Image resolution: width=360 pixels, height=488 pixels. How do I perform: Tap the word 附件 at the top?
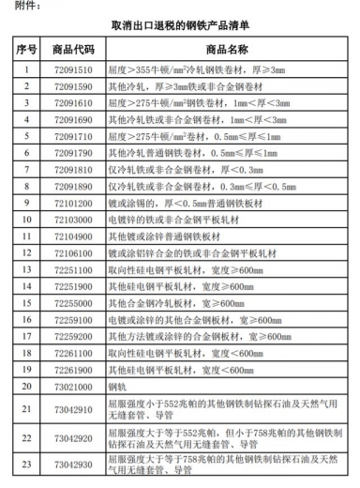tap(21, 8)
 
